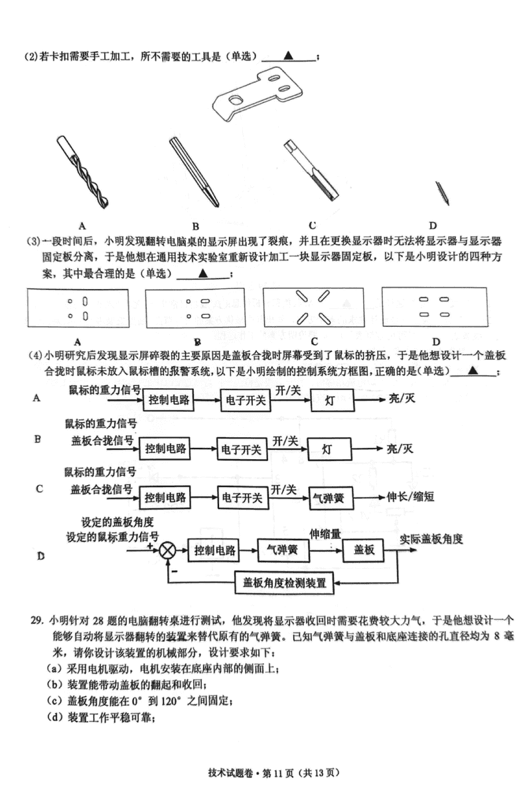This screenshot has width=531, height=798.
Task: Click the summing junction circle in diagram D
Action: coord(169,550)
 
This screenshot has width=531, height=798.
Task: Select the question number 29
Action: coord(37,620)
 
